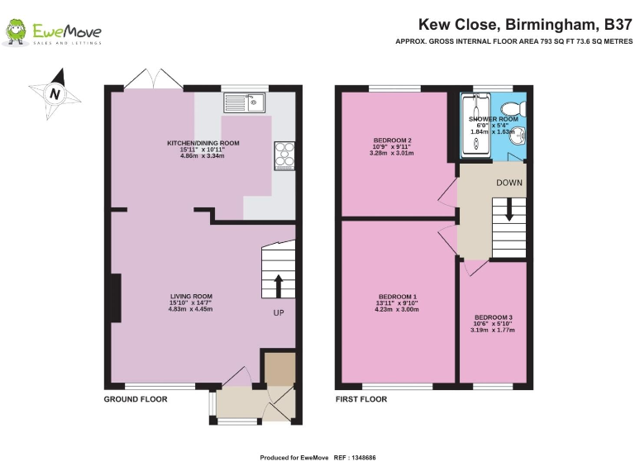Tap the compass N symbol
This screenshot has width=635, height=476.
click(x=55, y=93)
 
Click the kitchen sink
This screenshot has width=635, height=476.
click(x=244, y=103)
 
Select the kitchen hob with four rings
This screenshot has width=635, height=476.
click(x=285, y=155)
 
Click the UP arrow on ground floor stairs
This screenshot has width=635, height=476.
click(x=278, y=286)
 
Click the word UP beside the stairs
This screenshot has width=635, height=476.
click(x=279, y=314)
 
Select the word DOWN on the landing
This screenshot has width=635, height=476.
click(x=509, y=182)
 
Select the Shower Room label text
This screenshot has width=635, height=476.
click(x=494, y=119)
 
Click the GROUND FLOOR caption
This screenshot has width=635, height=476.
click(x=136, y=399)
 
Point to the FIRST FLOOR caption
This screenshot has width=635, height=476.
click(x=361, y=399)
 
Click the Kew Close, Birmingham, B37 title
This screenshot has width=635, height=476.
click(x=524, y=25)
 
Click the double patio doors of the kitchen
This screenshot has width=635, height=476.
click(x=153, y=80)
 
